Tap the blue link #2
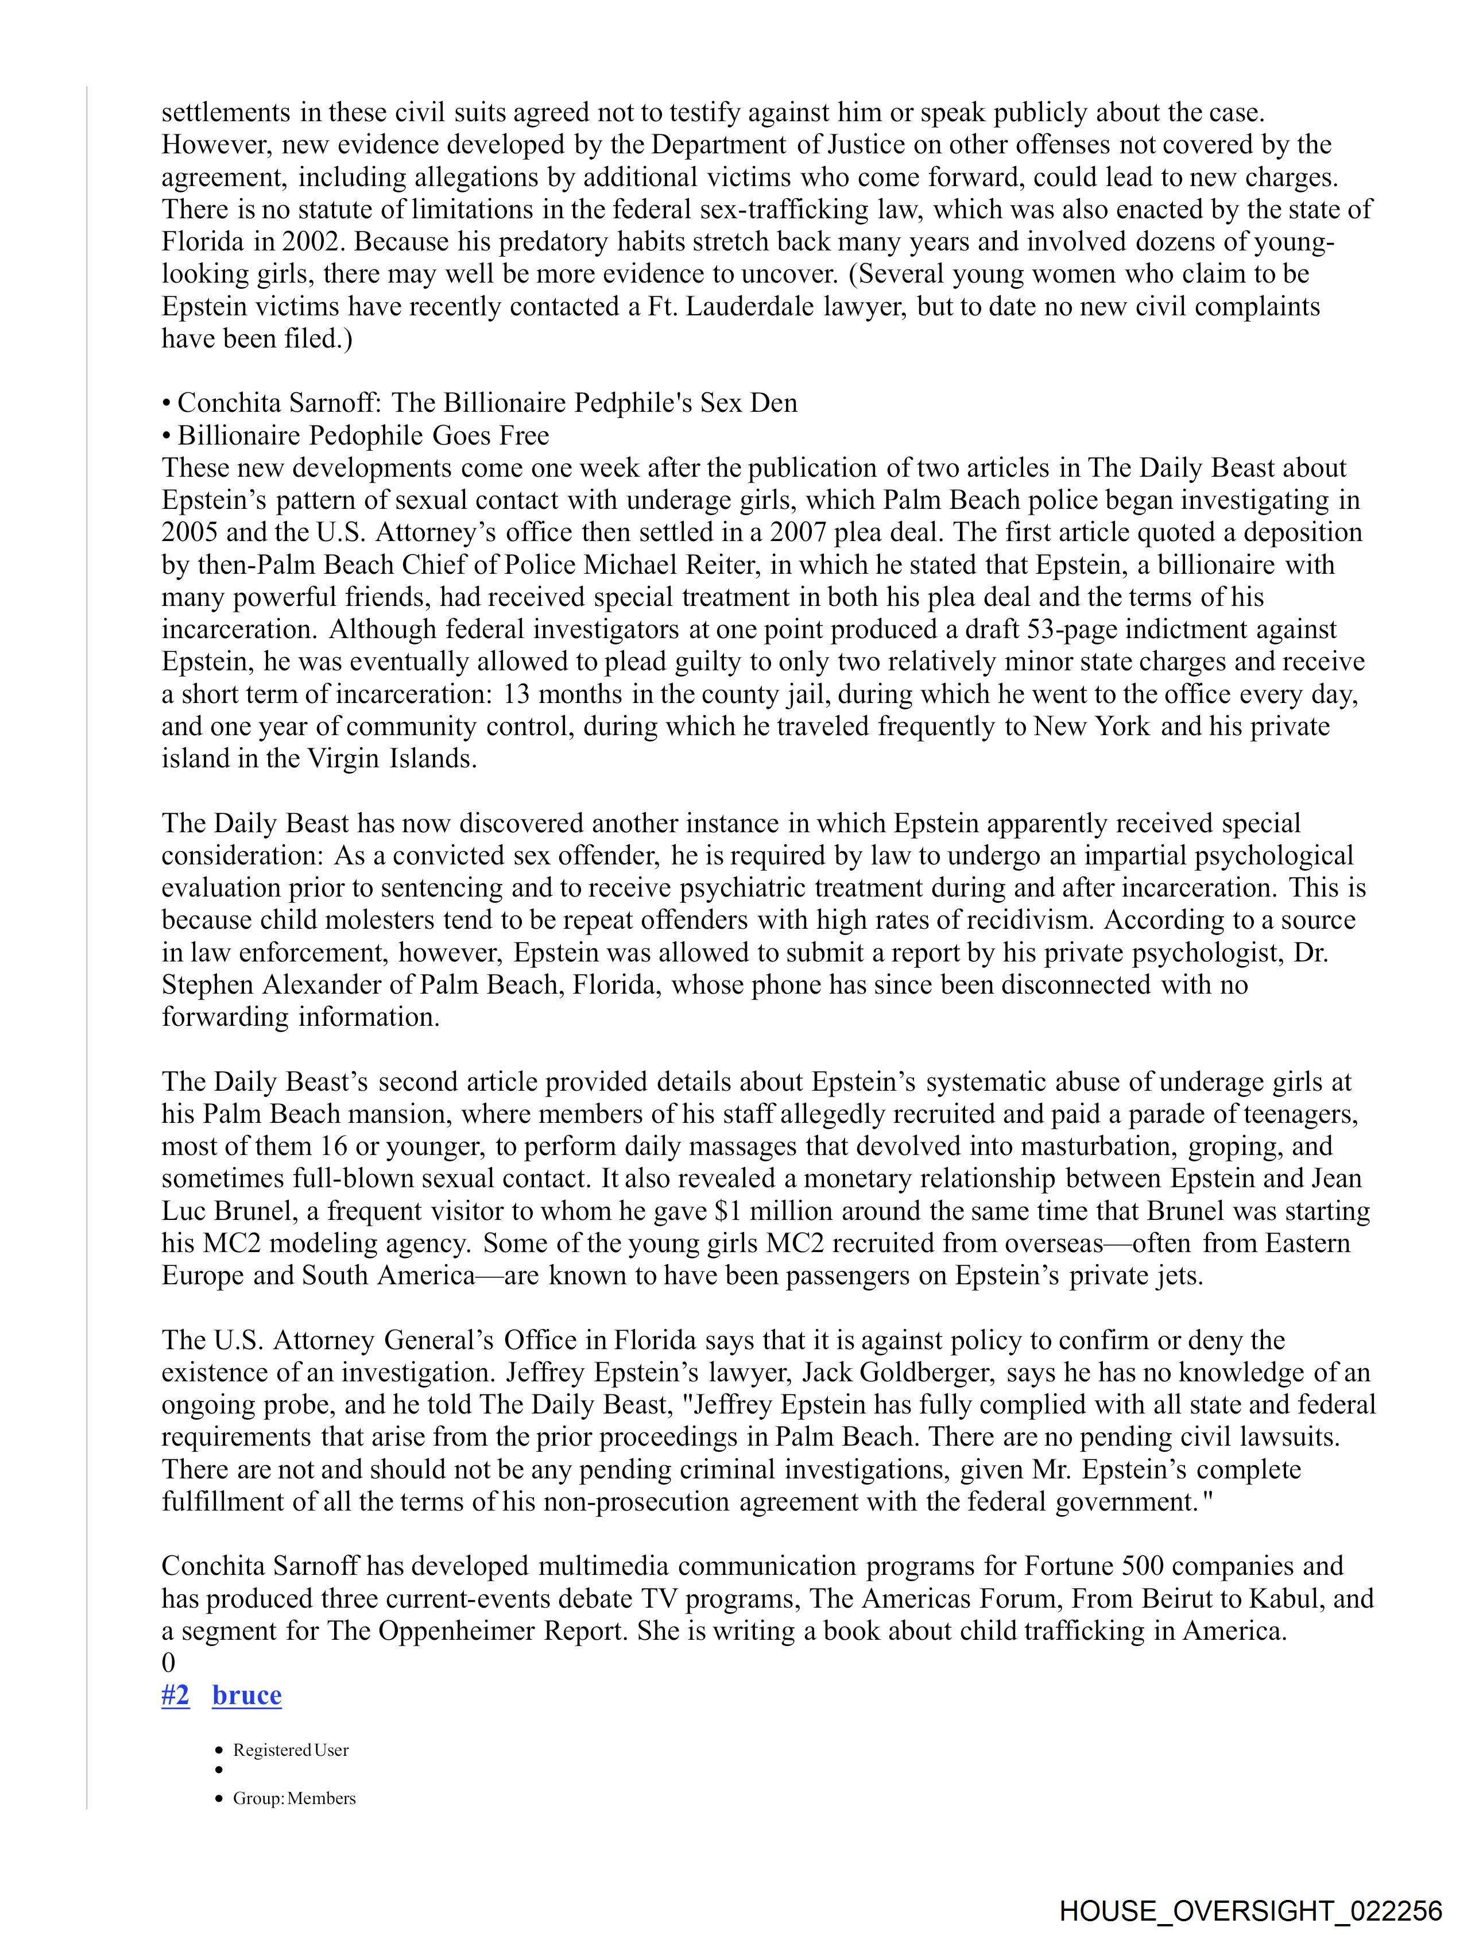pos(175,1695)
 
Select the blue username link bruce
pos(247,1695)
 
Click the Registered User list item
pos(291,1749)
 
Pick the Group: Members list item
pos(294,1798)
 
